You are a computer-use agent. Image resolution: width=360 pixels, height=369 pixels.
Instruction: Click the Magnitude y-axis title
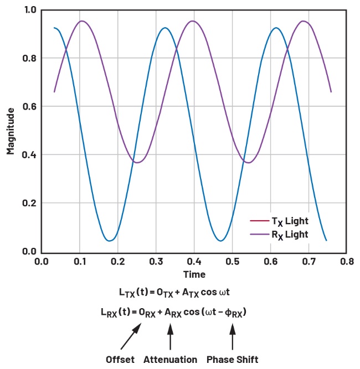11,131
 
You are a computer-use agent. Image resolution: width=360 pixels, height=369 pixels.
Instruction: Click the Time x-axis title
194,274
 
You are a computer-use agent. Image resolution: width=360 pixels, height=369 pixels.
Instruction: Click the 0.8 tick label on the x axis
347,261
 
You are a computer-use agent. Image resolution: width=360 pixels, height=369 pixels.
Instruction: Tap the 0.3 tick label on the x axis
156,261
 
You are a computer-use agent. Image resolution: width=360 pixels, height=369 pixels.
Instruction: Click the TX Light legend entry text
289,221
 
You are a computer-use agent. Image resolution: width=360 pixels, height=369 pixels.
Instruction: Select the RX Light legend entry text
289,235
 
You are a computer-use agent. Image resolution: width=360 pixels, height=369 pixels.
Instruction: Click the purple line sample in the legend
258,235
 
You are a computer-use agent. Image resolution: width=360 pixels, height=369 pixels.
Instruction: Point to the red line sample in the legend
258,221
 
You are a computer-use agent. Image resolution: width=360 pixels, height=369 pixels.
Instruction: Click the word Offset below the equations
120,359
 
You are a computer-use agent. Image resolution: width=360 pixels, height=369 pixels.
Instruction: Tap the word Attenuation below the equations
170,359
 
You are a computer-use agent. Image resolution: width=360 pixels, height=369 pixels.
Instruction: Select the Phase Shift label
233,359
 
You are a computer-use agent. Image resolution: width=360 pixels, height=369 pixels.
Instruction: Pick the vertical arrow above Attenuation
170,336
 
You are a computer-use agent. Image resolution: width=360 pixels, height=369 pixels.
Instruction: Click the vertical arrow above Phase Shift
233,336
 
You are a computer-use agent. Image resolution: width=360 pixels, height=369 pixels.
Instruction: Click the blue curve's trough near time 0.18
110,240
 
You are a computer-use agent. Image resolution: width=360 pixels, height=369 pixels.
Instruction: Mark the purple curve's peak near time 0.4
192,21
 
